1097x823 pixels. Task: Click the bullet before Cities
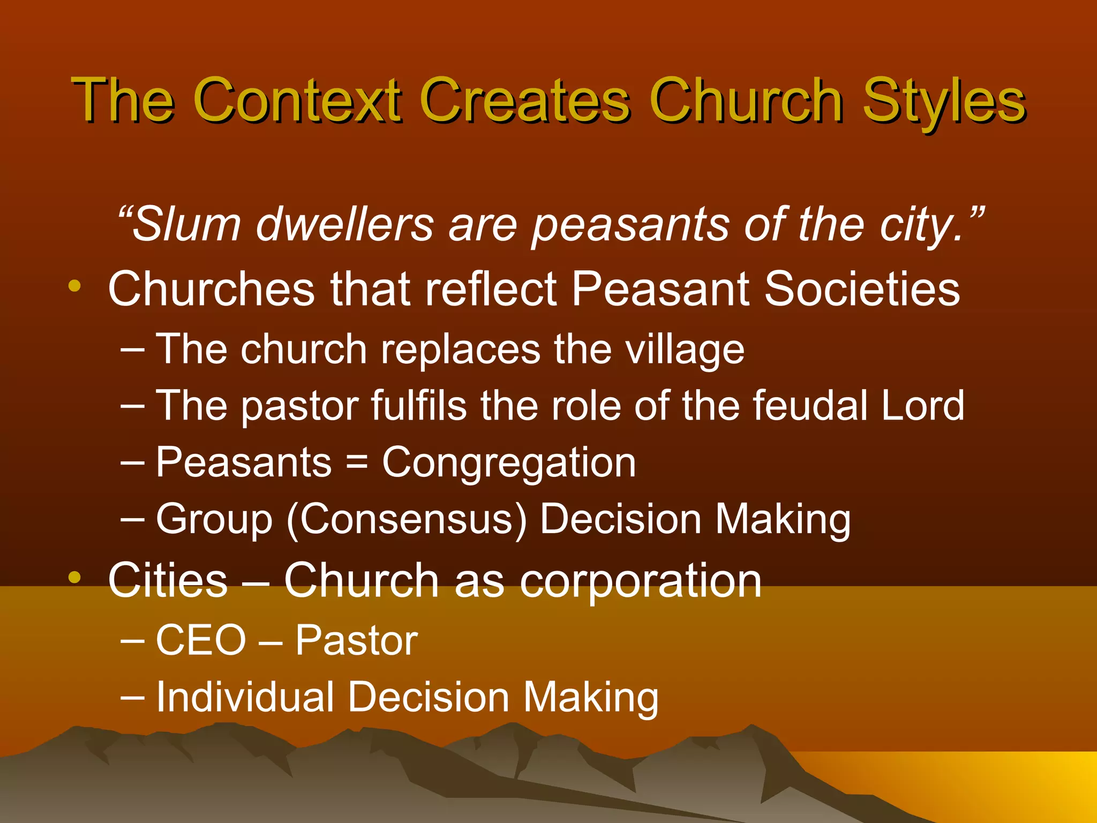[x=74, y=578]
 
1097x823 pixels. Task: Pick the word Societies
[x=862, y=289]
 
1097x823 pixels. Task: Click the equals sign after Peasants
[x=357, y=462]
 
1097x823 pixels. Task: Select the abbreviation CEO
[x=201, y=640]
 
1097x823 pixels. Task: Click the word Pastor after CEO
[x=356, y=640]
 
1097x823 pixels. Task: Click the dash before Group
[x=132, y=519]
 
